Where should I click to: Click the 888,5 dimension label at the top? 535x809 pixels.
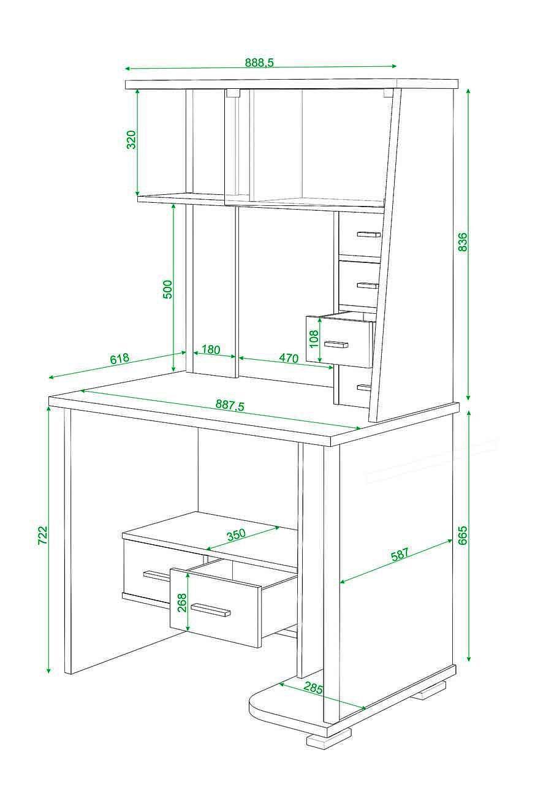[259, 63]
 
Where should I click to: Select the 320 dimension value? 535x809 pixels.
[132, 139]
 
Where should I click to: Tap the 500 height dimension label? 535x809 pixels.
[168, 289]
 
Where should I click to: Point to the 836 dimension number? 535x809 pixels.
[462, 241]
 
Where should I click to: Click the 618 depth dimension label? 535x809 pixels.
[120, 359]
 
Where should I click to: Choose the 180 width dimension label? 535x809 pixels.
[211, 349]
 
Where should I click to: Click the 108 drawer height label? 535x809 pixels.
[314, 338]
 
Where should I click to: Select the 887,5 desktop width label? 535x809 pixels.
[230, 405]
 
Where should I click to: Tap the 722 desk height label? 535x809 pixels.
[43, 535]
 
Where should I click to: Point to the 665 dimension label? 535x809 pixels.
[463, 535]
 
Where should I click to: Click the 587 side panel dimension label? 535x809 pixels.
[400, 555]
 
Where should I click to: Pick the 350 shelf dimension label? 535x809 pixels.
[236, 534]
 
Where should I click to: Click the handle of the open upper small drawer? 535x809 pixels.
[336, 344]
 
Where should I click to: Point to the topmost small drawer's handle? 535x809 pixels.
[369, 234]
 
